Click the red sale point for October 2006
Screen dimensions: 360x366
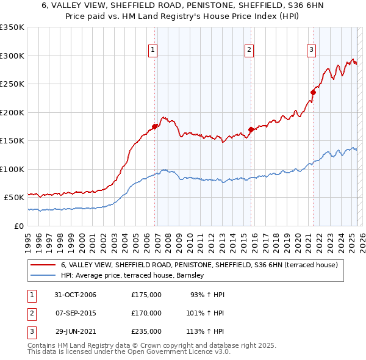(x=155, y=126)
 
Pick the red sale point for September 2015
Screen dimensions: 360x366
(x=251, y=129)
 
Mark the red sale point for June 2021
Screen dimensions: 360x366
(x=313, y=92)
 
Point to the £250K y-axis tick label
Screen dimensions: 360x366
(x=12, y=84)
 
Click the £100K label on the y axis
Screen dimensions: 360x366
(x=12, y=169)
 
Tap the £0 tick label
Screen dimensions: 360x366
(x=18, y=226)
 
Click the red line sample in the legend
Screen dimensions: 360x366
(x=42, y=265)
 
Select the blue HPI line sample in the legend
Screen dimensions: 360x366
(x=42, y=276)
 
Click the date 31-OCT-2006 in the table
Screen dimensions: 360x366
(x=76, y=295)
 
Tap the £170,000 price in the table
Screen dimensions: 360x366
(x=146, y=313)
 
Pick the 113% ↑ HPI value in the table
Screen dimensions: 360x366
(x=206, y=331)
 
